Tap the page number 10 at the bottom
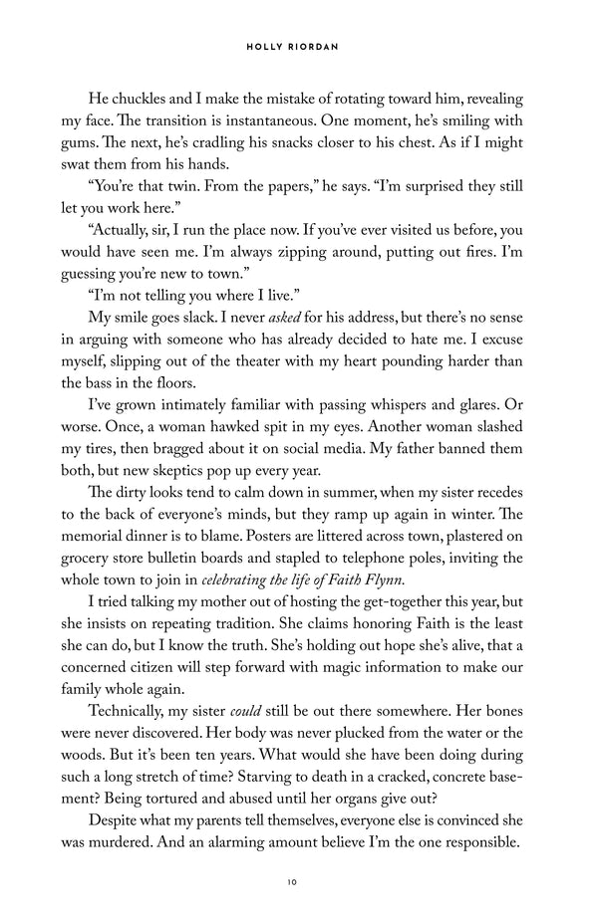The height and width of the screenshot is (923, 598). (299, 880)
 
